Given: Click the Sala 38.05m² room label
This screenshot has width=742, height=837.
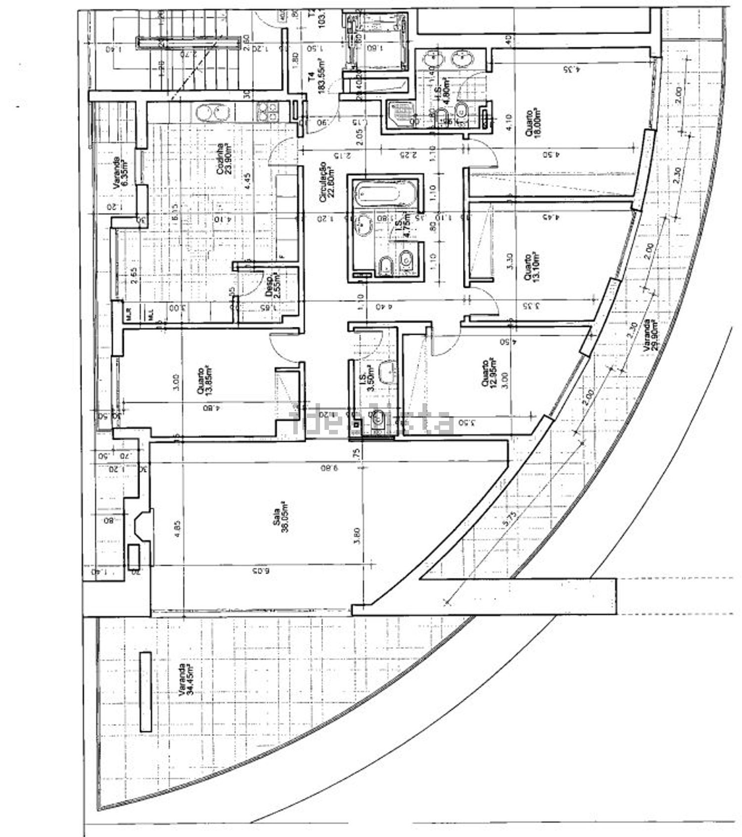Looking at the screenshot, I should [x=284, y=517].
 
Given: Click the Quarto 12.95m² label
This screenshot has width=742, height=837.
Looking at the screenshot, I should [x=489, y=371].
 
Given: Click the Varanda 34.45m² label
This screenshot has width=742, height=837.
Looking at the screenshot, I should [x=185, y=680].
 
